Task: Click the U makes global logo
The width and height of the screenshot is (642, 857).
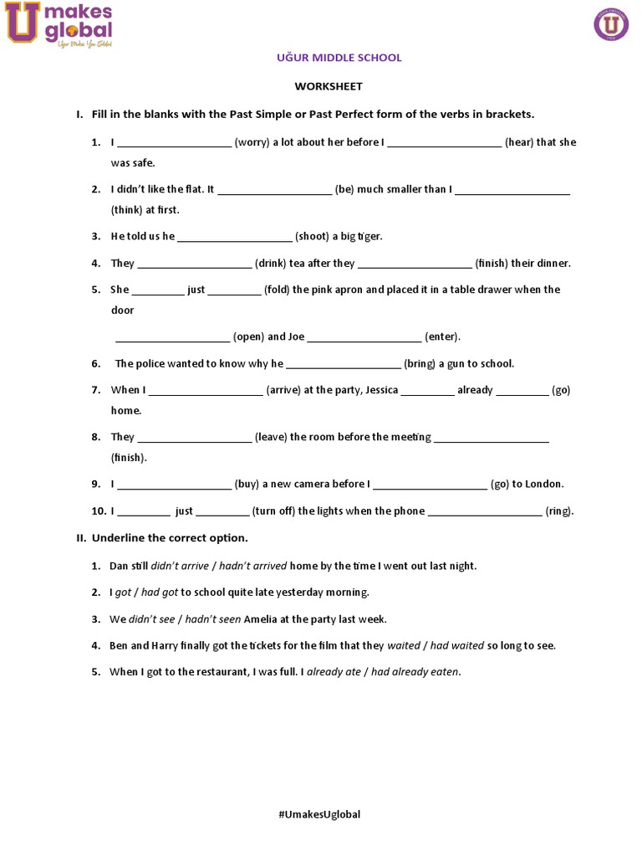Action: [x=59, y=24]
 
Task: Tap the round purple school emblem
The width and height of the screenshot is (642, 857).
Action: [x=610, y=24]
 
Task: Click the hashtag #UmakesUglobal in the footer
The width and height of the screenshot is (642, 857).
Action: [x=319, y=814]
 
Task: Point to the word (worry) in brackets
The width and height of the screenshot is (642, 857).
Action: [x=252, y=142]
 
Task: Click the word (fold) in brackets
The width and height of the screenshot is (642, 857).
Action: [x=278, y=290]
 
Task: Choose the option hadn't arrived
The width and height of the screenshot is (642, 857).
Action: [x=252, y=566]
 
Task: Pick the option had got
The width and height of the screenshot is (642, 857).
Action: [x=160, y=593]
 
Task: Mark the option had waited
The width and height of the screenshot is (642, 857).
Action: [x=457, y=645]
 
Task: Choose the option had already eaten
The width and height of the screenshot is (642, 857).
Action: [x=415, y=671]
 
